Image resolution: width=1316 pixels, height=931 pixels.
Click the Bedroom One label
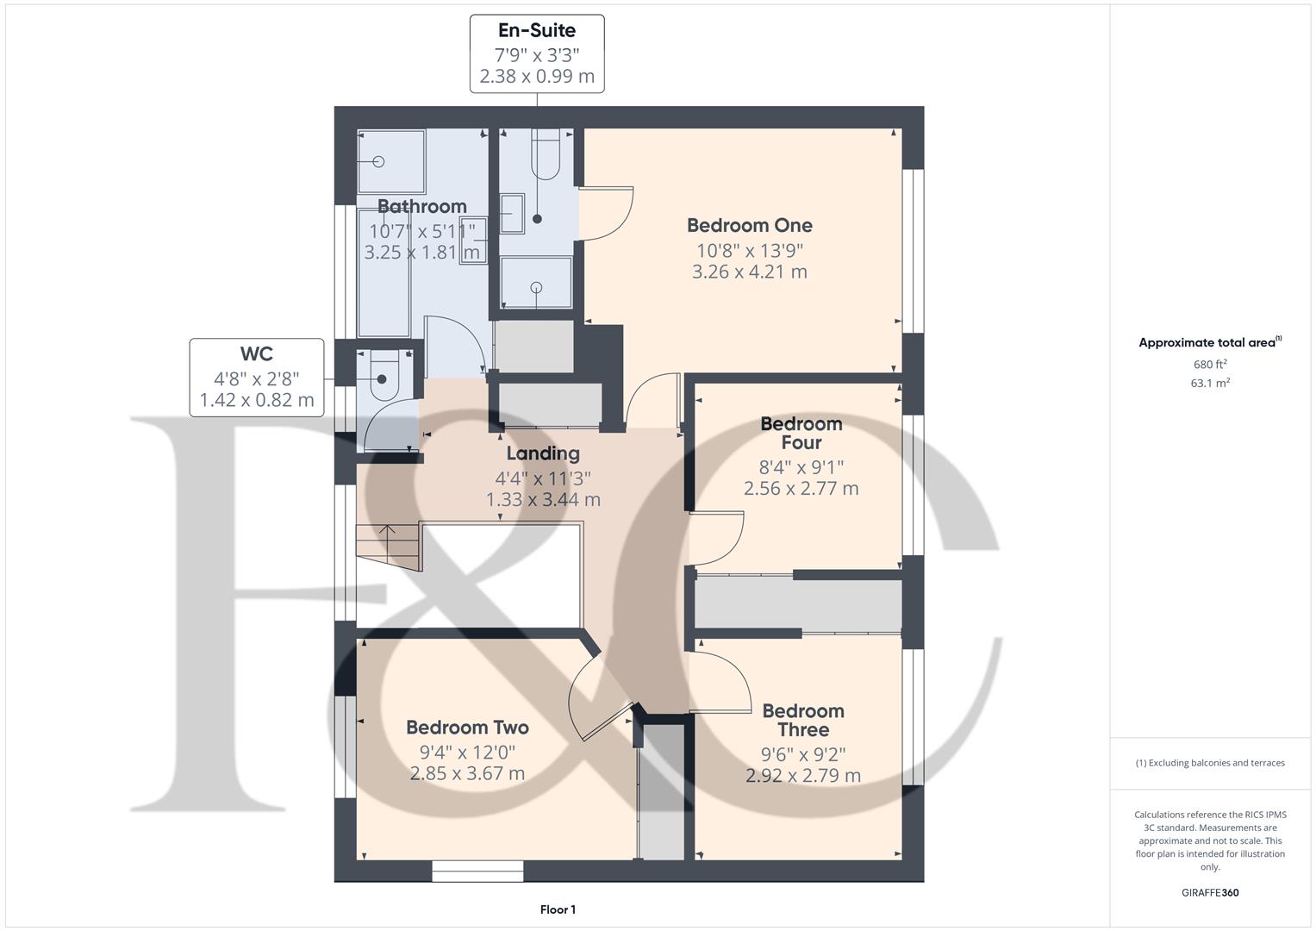point(749,226)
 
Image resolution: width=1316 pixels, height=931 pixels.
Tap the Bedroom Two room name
point(467,728)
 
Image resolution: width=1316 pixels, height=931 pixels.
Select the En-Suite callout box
point(537,53)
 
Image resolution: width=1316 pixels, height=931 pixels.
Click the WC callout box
point(257,378)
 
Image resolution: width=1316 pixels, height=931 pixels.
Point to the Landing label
point(542,453)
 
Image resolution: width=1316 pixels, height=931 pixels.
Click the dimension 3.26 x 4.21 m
point(749,272)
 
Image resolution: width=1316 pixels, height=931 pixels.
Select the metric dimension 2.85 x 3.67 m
point(467,773)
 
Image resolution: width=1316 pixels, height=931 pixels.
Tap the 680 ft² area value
point(1210,364)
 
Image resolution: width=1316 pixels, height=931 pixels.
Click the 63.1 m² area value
point(1210,384)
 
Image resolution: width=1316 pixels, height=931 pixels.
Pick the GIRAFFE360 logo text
point(1210,892)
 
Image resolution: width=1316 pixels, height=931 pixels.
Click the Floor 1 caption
point(558,909)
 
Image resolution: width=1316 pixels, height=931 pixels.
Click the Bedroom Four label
point(801,434)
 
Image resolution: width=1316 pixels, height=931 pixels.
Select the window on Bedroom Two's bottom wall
point(477,871)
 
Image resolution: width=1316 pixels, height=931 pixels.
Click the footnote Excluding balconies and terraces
point(1210,763)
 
